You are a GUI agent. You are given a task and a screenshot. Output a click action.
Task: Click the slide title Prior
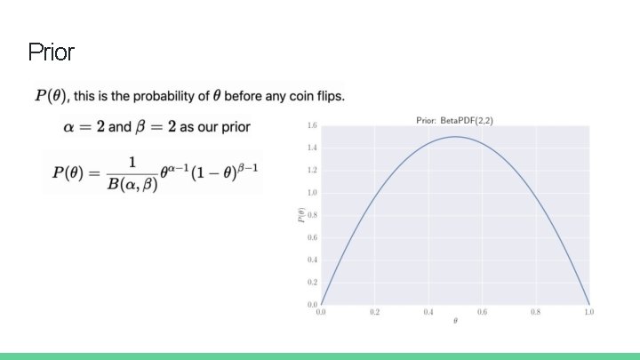51,52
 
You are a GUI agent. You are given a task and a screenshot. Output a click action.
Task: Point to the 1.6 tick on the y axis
312,125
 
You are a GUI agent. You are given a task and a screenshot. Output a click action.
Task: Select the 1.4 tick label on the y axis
312,148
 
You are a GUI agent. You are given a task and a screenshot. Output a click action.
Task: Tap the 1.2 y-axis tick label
312,170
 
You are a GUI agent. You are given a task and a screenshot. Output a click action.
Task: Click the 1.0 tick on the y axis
312,192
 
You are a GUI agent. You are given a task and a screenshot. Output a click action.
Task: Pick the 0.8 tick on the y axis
312,215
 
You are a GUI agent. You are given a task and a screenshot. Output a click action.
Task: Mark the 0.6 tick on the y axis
312,237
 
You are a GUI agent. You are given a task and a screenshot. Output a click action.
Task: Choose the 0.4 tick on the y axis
312,260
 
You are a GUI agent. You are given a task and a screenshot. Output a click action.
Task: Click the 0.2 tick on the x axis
374,312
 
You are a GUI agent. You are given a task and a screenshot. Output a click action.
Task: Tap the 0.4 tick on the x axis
428,312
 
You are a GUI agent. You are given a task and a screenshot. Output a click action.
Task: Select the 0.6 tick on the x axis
482,312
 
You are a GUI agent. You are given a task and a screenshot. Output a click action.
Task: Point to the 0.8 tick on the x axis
535,312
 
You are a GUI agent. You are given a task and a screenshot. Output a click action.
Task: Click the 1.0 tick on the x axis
588,312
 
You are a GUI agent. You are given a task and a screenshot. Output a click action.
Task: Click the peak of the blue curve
455,136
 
